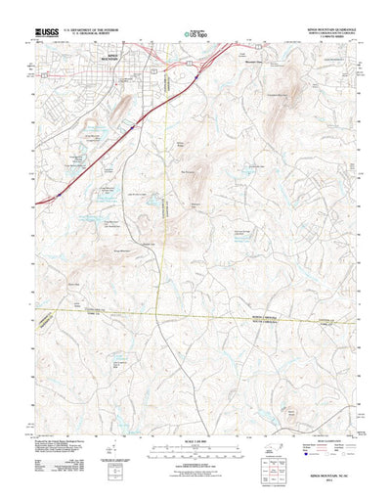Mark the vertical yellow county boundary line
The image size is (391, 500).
coord(165,196)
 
